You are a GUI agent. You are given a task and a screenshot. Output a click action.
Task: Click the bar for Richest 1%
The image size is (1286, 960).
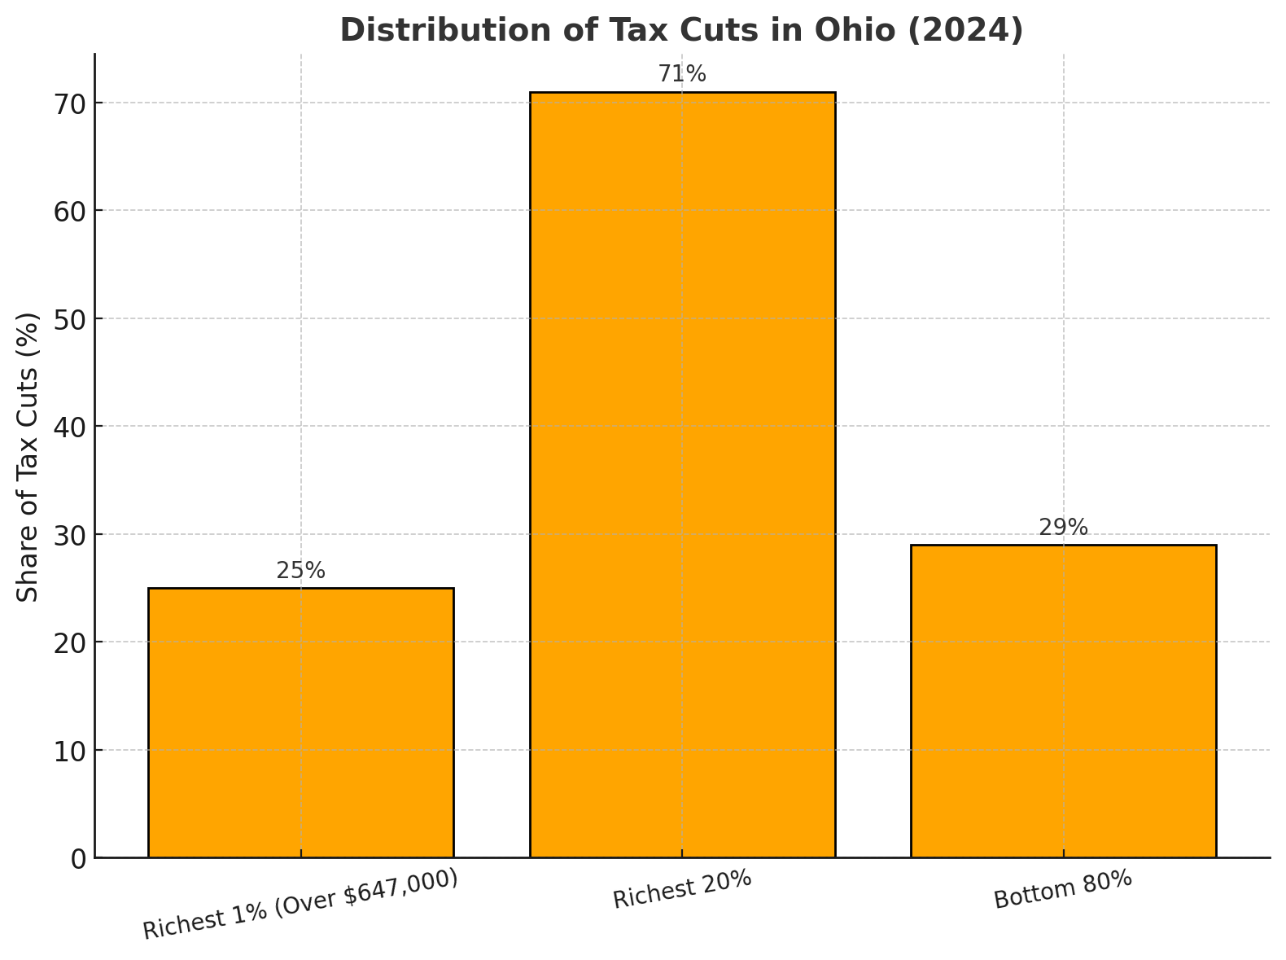(x=300, y=722)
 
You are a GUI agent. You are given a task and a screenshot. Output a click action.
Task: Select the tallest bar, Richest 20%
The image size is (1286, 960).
(x=682, y=475)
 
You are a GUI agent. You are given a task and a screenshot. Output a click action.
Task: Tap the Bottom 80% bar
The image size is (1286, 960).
(x=1063, y=701)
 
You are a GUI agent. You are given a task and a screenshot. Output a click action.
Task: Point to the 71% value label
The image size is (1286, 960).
(x=682, y=74)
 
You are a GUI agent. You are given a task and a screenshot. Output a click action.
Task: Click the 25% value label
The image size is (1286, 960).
(x=300, y=571)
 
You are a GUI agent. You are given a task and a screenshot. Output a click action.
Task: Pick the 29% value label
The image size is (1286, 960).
(x=1063, y=528)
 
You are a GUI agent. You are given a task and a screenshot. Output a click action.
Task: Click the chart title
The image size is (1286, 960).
(x=681, y=30)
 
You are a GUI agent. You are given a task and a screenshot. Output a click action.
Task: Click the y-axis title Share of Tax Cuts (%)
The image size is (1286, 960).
(x=28, y=457)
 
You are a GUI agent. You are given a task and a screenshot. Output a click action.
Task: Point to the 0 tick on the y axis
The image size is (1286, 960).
(x=78, y=858)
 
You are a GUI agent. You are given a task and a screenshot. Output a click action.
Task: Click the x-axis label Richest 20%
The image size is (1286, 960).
(x=682, y=890)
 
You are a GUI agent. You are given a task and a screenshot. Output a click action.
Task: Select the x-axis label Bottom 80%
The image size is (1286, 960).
(x=1063, y=890)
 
